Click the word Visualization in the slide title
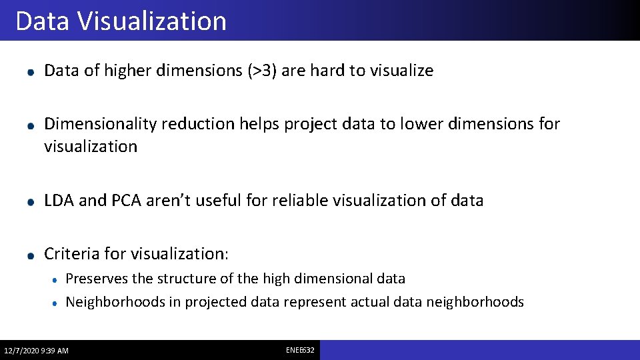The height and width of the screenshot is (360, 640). [151, 21]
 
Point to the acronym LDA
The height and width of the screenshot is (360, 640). [59, 200]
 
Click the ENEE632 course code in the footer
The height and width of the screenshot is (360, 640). [300, 350]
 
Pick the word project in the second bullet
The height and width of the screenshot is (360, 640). [309, 124]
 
